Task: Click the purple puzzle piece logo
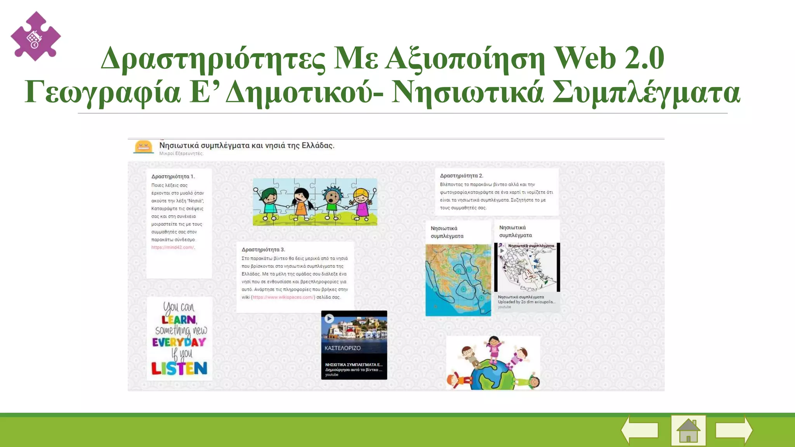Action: pyautogui.click(x=35, y=36)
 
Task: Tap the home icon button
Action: pyautogui.click(x=688, y=430)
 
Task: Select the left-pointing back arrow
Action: pyautogui.click(x=640, y=430)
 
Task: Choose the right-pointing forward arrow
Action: pyautogui.click(x=734, y=430)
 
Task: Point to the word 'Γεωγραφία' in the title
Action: pyautogui.click(x=102, y=92)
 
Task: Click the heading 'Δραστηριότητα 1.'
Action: pyautogui.click(x=173, y=177)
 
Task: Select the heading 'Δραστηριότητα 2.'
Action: pyautogui.click(x=462, y=176)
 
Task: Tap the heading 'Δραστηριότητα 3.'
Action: pyautogui.click(x=263, y=249)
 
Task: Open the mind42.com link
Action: pyautogui.click(x=173, y=248)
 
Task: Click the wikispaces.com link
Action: pyautogui.click(x=283, y=297)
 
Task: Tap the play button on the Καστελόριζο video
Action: pyautogui.click(x=329, y=319)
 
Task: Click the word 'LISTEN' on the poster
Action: pyautogui.click(x=179, y=368)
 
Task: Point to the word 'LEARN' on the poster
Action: pyautogui.click(x=179, y=320)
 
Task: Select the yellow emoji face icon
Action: pyautogui.click(x=143, y=147)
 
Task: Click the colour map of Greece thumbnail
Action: pyautogui.click(x=458, y=280)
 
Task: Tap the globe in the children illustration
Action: pyautogui.click(x=492, y=374)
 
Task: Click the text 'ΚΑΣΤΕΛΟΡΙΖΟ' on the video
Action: pyautogui.click(x=342, y=348)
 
